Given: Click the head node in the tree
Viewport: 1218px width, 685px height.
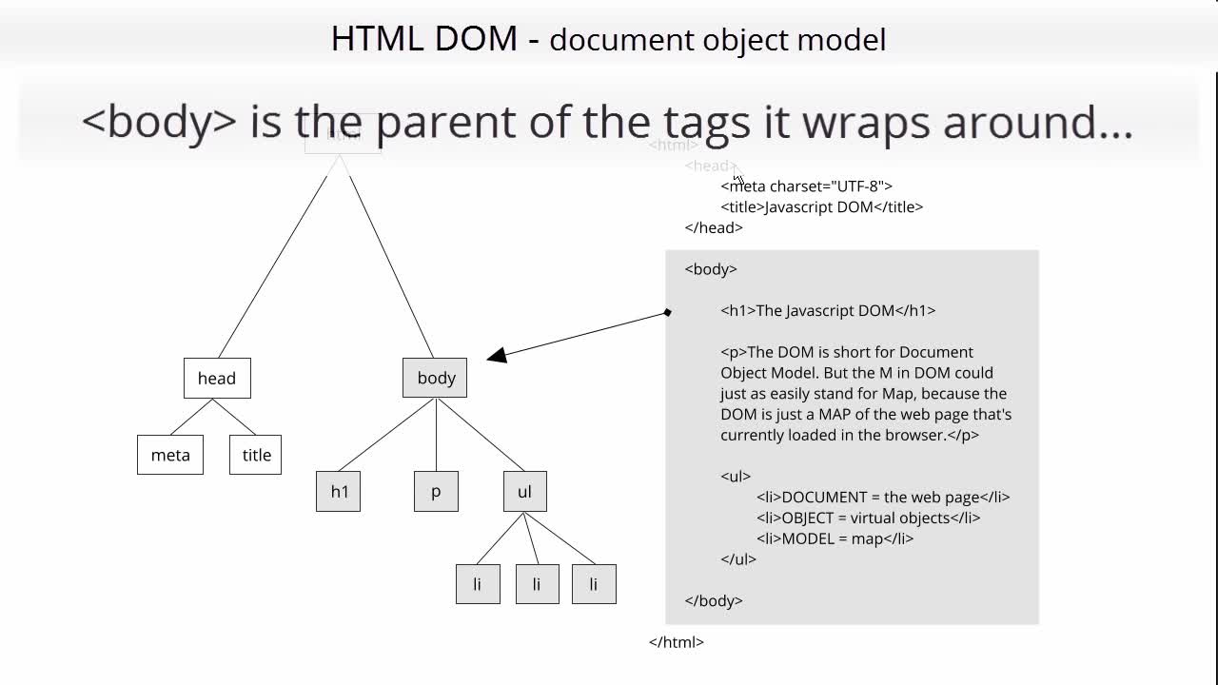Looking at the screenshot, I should coord(217,378).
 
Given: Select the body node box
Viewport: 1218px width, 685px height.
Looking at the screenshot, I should coord(435,378).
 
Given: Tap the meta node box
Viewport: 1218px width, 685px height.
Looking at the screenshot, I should coord(170,455).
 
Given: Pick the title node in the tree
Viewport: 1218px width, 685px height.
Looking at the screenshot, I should coord(255,455).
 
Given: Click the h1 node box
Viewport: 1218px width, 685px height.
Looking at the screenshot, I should coord(338,491).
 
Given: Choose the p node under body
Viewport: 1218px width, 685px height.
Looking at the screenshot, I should coord(436,491).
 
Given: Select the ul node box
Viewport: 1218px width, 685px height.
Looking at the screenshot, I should coord(524,491).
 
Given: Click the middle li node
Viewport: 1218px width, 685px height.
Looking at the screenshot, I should coord(537,584).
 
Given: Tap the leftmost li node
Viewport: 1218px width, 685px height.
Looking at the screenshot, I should coord(478,584).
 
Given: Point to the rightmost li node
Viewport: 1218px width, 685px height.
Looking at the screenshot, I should coord(594,584).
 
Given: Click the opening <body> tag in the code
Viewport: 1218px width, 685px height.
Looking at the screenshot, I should coord(711,269).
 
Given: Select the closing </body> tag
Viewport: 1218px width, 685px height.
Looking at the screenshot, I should coord(714,600).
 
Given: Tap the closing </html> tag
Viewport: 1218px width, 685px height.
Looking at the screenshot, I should coord(677,642).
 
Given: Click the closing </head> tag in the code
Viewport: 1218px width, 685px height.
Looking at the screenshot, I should coord(714,227).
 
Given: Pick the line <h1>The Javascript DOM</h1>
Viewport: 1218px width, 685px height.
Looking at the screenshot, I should coord(828,310).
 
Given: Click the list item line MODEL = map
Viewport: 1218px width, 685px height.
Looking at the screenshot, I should coord(835,538).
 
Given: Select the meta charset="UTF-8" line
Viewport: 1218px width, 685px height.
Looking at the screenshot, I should coord(806,186).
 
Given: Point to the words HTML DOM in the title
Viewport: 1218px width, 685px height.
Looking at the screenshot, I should coord(424,38).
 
